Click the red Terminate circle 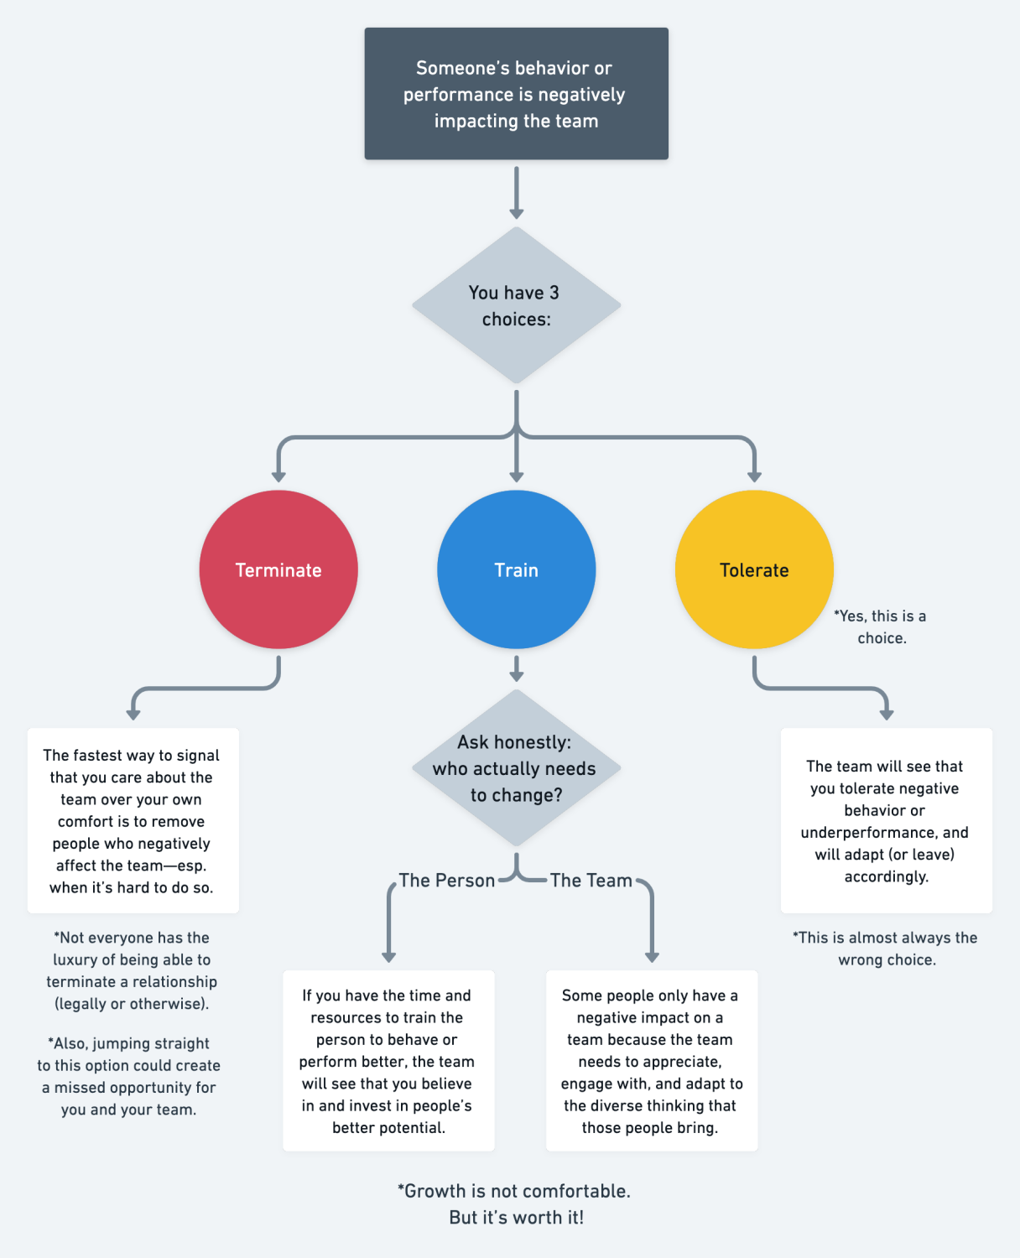(x=278, y=569)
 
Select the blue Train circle (x=516, y=569)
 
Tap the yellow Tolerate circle (x=754, y=569)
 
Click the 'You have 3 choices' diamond (x=516, y=305)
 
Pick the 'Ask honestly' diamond (x=516, y=768)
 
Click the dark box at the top (x=516, y=94)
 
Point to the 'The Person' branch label (x=446, y=881)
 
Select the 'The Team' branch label (x=591, y=881)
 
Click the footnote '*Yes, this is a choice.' (x=881, y=626)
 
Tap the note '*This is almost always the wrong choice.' (x=886, y=949)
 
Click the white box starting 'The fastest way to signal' (x=133, y=820)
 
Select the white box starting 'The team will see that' (x=886, y=820)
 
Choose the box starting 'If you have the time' (x=388, y=1061)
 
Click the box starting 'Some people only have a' (x=651, y=1061)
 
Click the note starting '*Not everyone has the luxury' (x=132, y=970)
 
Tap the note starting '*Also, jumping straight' (x=129, y=1076)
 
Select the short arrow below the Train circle (x=516, y=668)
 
